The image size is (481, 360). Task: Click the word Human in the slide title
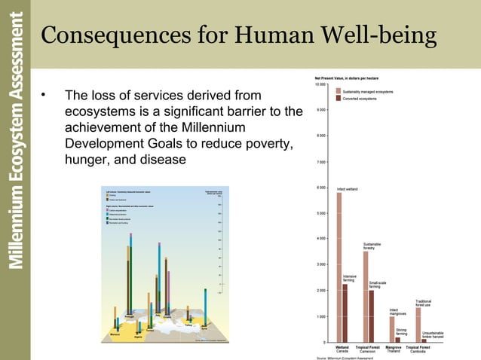tap(273, 35)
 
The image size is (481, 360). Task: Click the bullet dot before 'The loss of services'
tap(44, 96)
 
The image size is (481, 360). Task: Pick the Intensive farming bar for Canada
tap(345, 312)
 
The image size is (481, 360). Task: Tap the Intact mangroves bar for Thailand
tap(391, 328)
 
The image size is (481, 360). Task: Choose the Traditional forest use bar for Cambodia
tap(418, 324)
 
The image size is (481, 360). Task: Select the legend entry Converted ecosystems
tap(360, 99)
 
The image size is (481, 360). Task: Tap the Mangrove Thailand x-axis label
tap(394, 349)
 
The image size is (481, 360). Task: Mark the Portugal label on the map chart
tap(128, 316)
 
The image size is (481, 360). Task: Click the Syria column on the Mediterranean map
tap(205, 301)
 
